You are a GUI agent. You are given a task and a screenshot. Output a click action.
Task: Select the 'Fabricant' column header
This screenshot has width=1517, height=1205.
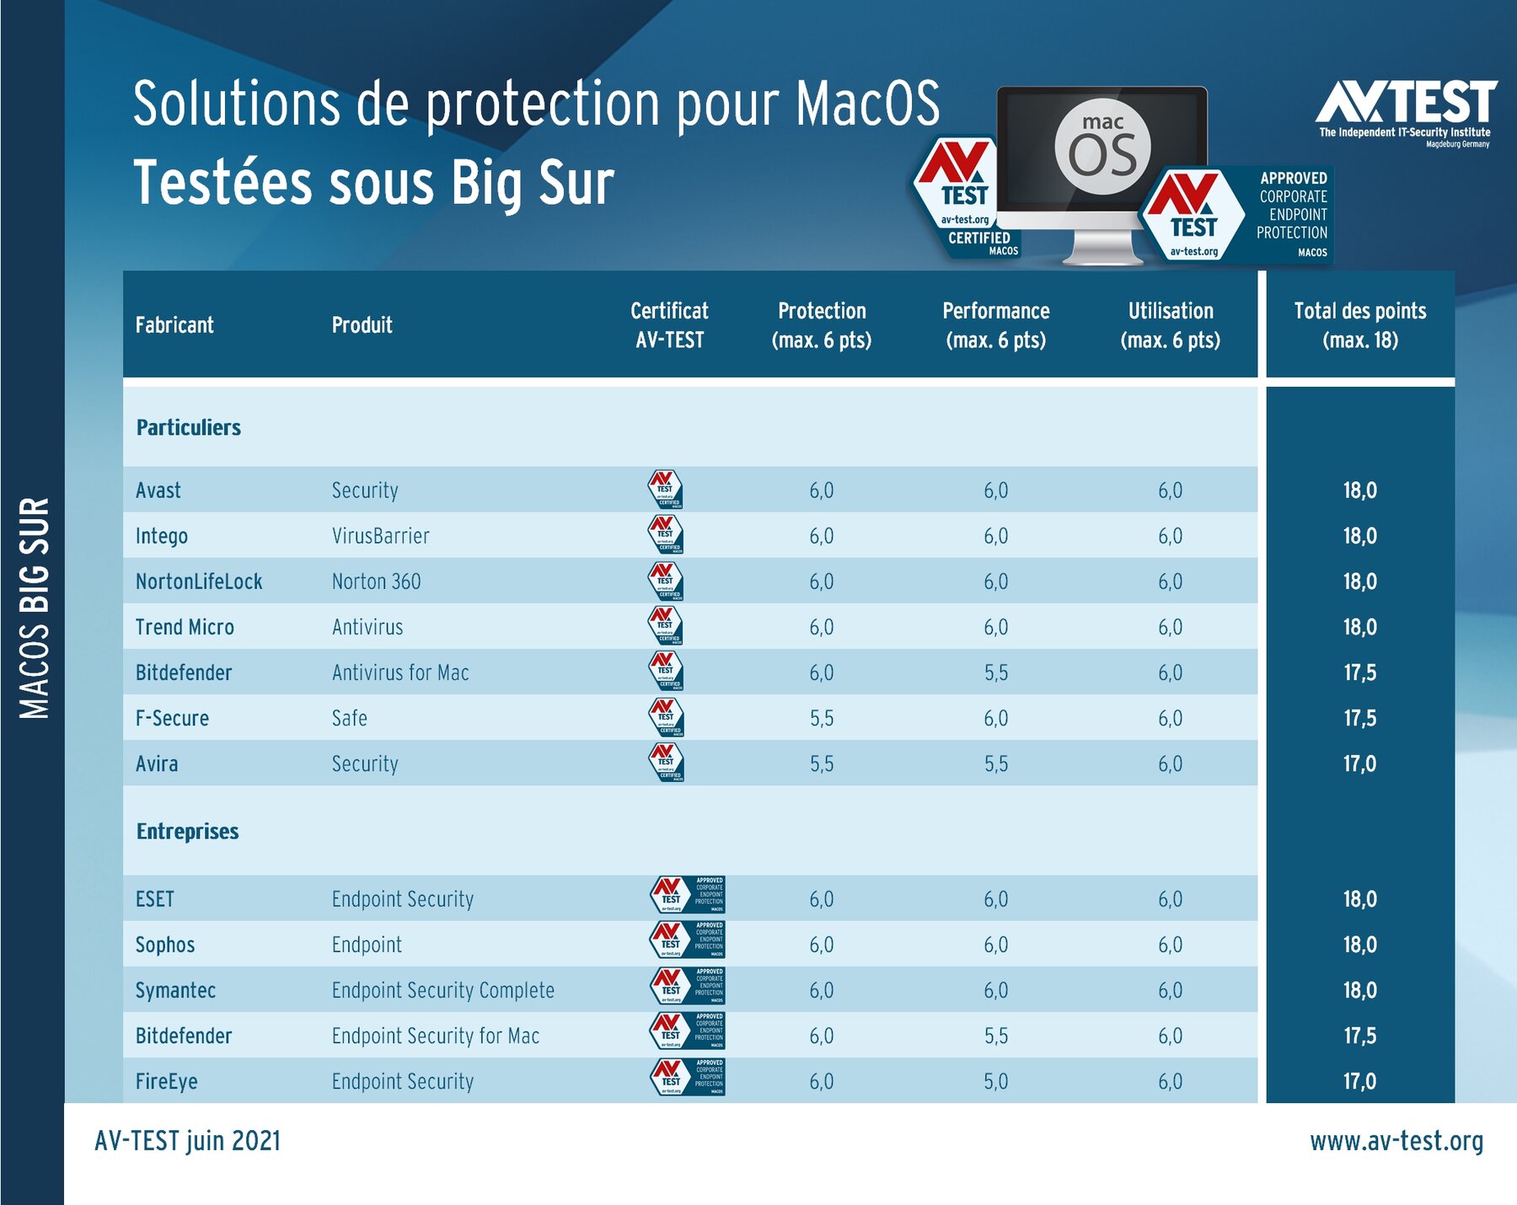tap(174, 325)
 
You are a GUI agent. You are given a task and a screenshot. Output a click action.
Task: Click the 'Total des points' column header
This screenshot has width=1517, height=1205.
tap(1359, 325)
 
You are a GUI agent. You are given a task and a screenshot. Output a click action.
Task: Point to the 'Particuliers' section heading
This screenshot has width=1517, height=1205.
tap(189, 428)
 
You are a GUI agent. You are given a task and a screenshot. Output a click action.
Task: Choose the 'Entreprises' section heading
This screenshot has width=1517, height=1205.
tap(187, 832)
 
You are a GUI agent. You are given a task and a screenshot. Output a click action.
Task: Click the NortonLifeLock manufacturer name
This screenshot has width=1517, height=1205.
tap(199, 581)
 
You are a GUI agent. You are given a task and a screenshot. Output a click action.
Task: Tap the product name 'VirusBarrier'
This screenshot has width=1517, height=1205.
tap(380, 536)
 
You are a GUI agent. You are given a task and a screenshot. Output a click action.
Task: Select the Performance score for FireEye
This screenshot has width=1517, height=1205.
tap(995, 1081)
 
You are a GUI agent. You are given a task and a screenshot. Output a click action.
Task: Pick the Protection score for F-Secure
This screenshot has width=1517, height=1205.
tap(822, 718)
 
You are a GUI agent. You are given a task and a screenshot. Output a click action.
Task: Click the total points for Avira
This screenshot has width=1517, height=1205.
tap(1359, 763)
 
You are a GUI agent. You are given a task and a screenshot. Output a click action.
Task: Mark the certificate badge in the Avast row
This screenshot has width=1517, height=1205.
tap(665, 490)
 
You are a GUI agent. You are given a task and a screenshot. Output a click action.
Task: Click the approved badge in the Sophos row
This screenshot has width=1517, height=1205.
tap(688, 940)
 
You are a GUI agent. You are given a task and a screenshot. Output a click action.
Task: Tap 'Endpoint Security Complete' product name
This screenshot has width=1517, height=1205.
tap(442, 990)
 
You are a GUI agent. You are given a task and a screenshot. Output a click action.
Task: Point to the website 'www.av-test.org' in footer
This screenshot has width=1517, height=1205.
tap(1396, 1141)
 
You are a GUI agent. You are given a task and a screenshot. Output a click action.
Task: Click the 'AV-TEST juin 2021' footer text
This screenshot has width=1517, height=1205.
tap(187, 1141)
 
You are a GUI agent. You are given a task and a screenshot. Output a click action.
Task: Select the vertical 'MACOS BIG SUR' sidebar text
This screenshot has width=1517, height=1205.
tap(35, 608)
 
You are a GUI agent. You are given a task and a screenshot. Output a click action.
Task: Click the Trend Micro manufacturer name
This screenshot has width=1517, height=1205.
tap(185, 627)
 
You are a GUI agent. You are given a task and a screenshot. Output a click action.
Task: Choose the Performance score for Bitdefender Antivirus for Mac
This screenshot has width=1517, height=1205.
tap(995, 672)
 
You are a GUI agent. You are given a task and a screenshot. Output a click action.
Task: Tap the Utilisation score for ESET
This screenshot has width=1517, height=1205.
tap(1170, 899)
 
